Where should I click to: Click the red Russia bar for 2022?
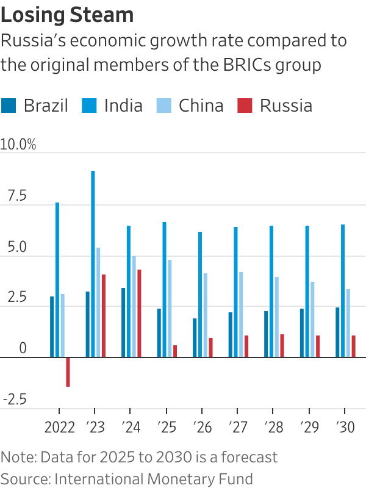[x=68, y=371]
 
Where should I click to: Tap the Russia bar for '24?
[x=139, y=313]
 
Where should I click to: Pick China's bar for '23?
[x=98, y=302]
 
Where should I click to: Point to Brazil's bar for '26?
[x=195, y=337]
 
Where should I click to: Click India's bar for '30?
[x=343, y=290]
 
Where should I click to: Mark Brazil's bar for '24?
[x=123, y=322]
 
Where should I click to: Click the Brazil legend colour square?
[x=9, y=106]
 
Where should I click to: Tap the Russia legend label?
[x=286, y=106]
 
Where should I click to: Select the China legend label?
[x=201, y=106]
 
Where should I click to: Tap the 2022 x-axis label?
[x=59, y=427]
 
